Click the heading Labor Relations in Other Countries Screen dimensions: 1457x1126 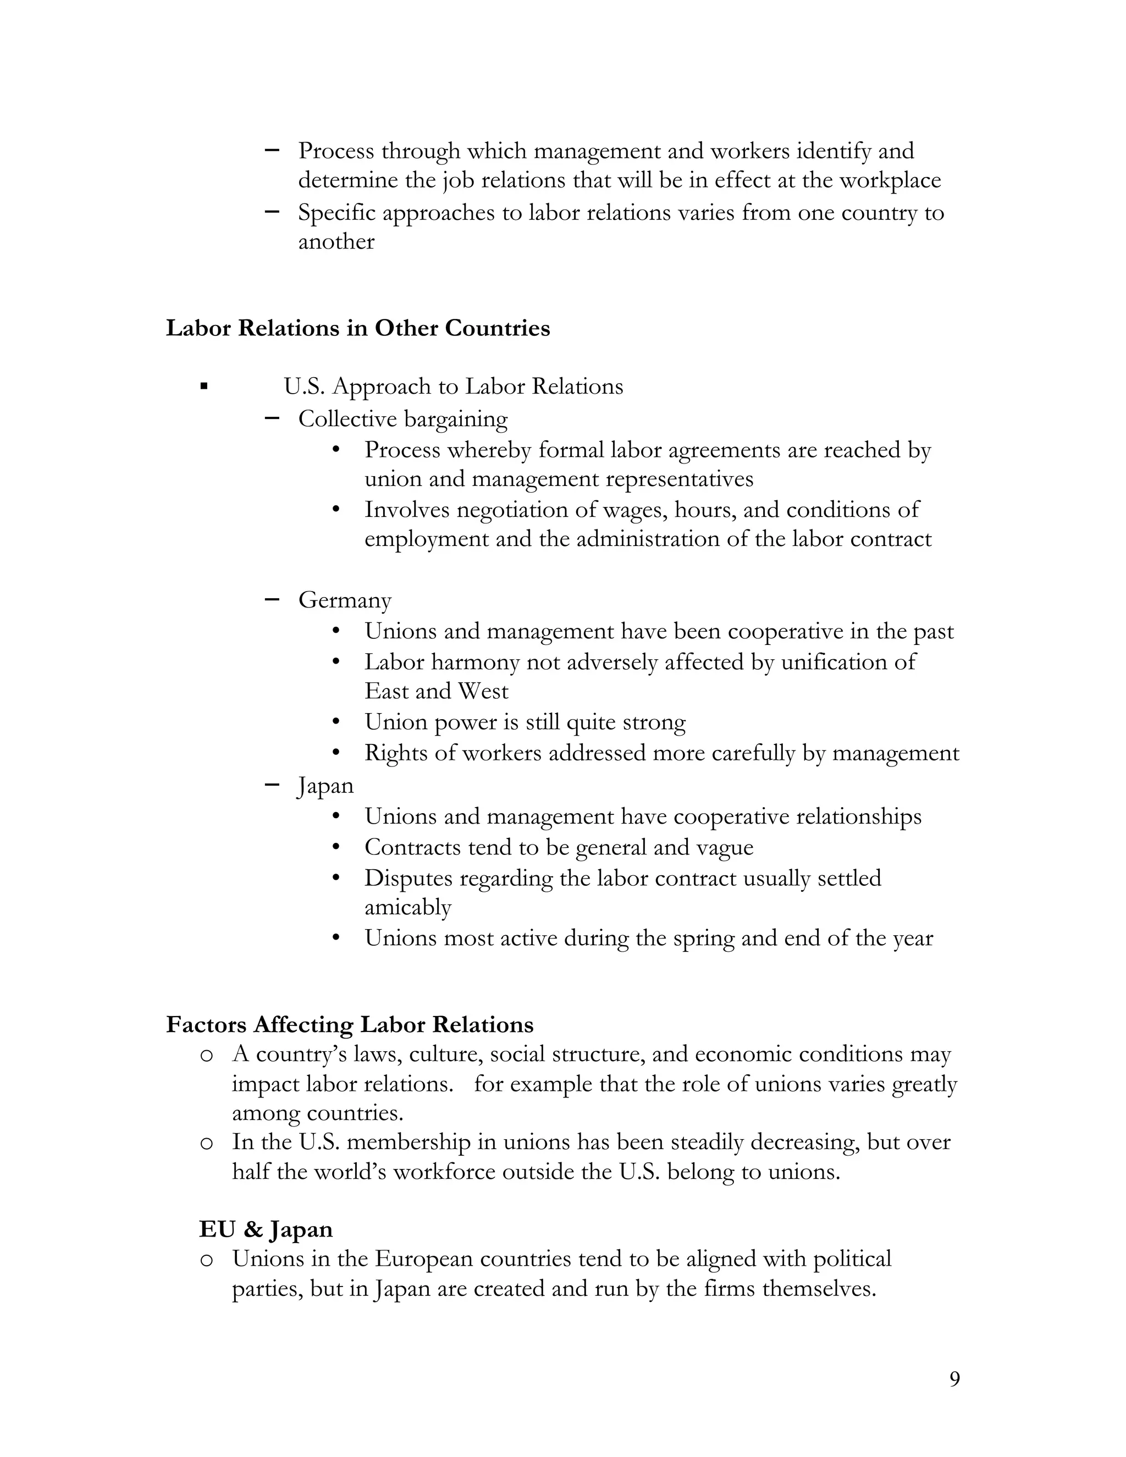coord(357,328)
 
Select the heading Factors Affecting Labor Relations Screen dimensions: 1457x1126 coord(350,1025)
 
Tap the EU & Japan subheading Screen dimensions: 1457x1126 coord(266,1229)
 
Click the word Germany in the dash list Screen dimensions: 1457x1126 coord(344,600)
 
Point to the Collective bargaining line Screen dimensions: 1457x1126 coord(402,419)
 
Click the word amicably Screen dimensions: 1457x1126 coord(407,907)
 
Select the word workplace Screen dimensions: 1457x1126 coord(889,181)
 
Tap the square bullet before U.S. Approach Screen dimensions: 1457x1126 coord(204,387)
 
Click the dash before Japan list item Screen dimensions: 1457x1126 coord(272,785)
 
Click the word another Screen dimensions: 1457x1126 coord(335,241)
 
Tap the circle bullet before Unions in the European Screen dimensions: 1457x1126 coord(207,1260)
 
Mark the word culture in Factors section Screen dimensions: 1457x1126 coord(445,1055)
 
